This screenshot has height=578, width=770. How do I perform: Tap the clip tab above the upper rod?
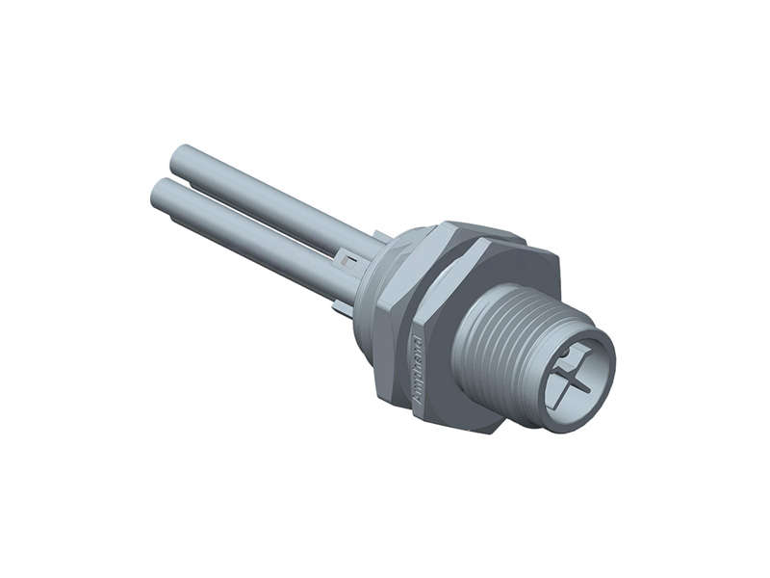(381, 235)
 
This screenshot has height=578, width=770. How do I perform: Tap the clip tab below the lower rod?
(339, 306)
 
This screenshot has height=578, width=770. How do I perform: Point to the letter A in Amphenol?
(416, 398)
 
